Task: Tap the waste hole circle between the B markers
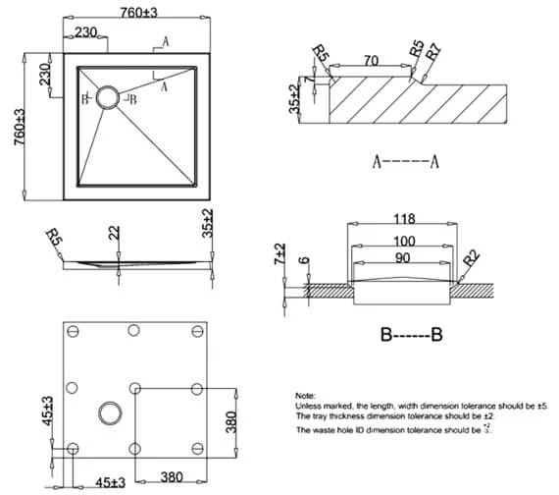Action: pos(106,97)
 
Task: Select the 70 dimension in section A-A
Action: pos(372,61)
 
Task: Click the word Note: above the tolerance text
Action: pos(306,393)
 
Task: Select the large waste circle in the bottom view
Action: pos(107,412)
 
